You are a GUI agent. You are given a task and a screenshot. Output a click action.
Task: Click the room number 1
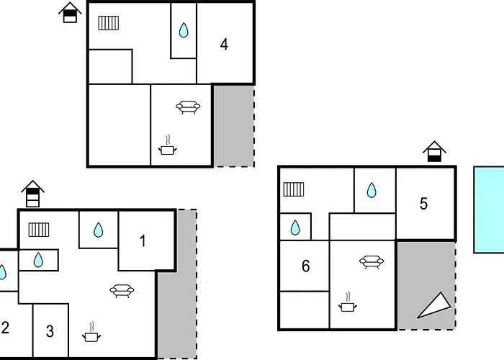tap(143, 241)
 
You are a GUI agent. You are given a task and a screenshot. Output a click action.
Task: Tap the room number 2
tap(5, 328)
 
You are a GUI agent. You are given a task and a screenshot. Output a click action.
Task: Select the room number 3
tap(50, 332)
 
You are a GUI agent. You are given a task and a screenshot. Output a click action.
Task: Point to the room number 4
tap(225, 45)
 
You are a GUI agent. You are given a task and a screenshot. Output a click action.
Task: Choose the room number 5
tap(423, 204)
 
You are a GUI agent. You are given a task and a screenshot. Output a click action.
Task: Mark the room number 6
tap(306, 267)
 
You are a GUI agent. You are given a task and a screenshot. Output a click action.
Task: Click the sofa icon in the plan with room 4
tap(188, 107)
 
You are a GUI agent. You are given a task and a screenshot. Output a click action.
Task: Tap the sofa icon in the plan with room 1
tap(122, 291)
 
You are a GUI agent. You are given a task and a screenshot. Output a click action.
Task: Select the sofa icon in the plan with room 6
tap(371, 262)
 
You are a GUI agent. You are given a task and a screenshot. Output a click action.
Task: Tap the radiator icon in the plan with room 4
tap(109, 23)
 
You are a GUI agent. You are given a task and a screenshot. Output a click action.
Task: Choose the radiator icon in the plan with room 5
tap(294, 189)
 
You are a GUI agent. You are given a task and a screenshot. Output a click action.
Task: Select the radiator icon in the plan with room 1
tap(39, 230)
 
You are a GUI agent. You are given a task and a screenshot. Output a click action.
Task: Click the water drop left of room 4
tap(184, 30)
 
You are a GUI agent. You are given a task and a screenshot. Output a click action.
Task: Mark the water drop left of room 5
tap(372, 190)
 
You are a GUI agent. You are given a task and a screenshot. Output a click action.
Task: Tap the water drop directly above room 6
tap(295, 228)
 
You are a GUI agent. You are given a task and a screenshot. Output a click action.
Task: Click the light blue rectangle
tap(489, 210)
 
